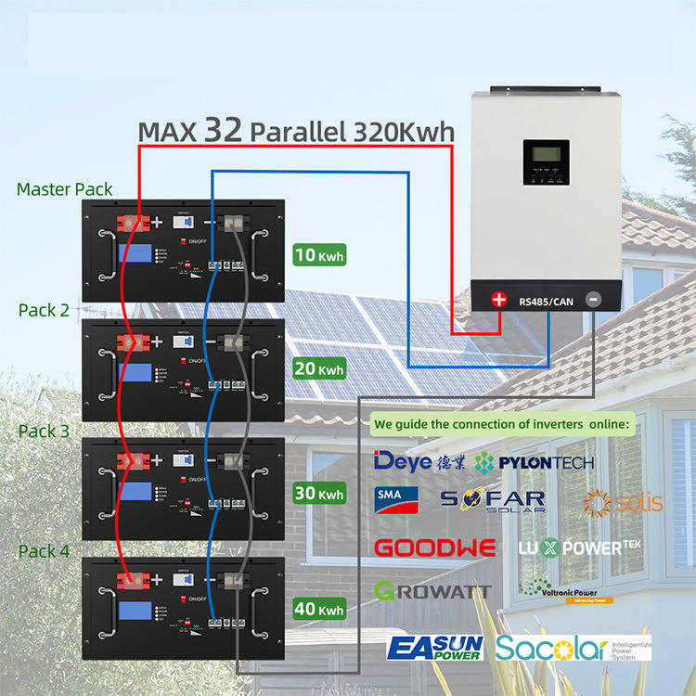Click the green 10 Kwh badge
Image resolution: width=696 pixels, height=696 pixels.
pos(320,254)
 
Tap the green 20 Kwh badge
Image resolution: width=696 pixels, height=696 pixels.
pos(320,368)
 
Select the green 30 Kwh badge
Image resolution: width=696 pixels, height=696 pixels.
pos(320,494)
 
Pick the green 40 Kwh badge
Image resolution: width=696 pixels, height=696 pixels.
pos(320,609)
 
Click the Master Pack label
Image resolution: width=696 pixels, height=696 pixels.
pos(65,189)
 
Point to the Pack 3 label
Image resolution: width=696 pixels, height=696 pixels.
pos(44,431)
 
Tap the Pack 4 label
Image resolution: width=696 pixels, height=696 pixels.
pos(44,551)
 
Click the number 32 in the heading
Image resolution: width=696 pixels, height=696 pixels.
pos(225,130)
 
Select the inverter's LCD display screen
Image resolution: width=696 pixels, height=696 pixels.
pos(546,164)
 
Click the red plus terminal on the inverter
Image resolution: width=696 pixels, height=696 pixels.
pos(499,299)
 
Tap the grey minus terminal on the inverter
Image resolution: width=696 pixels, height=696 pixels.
pos(593,299)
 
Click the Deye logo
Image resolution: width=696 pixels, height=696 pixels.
pos(403,461)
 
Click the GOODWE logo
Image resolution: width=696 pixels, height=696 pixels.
pos(434,548)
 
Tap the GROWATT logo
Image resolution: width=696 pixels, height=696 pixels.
pos(432,590)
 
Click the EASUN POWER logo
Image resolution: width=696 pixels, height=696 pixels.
pos(433,647)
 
